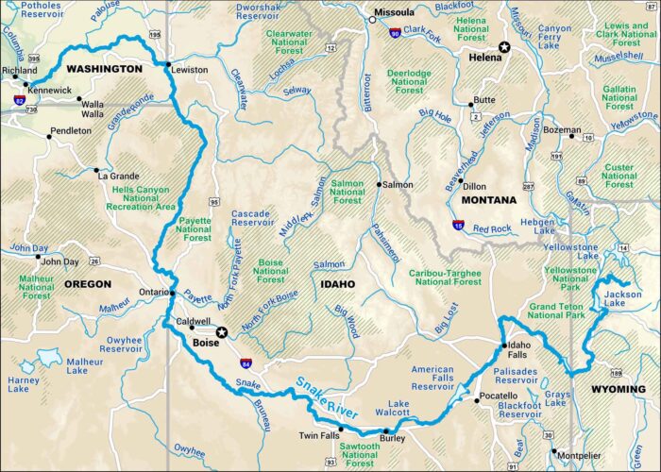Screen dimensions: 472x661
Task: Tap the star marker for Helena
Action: point(504,47)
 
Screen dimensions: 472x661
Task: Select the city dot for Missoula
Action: point(372,19)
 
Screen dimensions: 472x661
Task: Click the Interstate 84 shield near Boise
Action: point(246,362)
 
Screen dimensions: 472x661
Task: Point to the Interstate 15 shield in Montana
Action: point(457,227)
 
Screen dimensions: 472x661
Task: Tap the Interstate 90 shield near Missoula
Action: point(393,32)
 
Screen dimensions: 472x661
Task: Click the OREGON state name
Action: point(87,283)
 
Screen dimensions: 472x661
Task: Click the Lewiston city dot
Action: point(167,65)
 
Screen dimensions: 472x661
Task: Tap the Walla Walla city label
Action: point(93,109)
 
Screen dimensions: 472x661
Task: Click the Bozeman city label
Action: point(562,129)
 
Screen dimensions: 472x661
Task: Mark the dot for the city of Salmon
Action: point(378,185)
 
